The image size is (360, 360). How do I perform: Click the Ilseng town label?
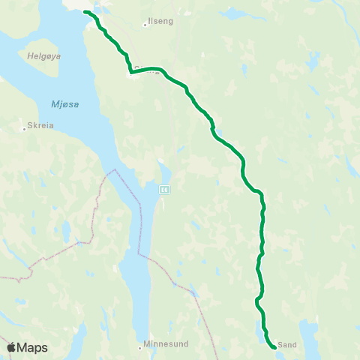pos(161,22)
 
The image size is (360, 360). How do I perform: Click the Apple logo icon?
pos(11,347)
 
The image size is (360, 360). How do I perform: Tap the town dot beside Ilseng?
pos(145,25)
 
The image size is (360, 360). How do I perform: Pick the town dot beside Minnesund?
pos(141,347)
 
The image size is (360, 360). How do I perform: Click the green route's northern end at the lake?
pos(85,12)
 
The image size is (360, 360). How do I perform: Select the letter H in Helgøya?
pos(29,55)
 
